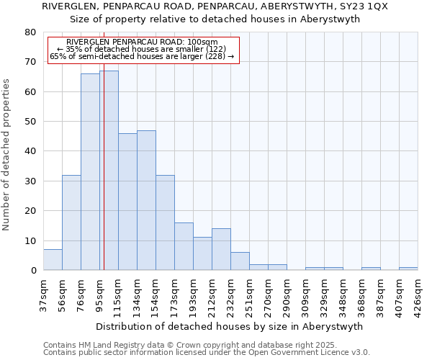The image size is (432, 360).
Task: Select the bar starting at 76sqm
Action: (x=90, y=172)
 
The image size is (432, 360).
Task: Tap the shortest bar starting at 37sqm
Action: (x=53, y=260)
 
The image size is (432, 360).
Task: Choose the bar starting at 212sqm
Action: (x=221, y=249)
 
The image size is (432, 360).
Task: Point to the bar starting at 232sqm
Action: (x=240, y=261)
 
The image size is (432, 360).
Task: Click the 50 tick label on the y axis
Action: (x=30, y=122)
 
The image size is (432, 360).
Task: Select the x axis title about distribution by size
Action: (x=229, y=326)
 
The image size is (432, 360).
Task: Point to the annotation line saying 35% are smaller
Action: (x=141, y=49)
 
